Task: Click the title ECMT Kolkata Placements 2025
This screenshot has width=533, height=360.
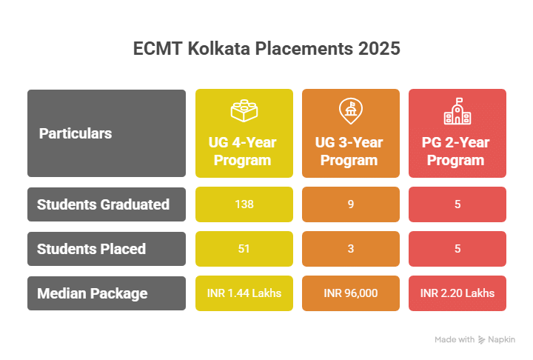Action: pos(266,50)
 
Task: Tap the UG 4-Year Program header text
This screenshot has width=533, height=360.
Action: pos(244,151)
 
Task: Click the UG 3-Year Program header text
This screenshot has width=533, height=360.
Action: pos(350,151)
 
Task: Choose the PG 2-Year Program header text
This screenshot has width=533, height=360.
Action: pos(457,151)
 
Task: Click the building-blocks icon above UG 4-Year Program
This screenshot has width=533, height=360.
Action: pos(244,111)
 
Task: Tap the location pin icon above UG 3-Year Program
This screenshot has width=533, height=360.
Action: pos(350,111)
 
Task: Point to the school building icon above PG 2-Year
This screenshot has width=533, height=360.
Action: pos(457,111)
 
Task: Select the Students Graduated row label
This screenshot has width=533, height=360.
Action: pos(104,204)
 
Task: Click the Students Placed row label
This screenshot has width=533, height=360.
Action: pos(91,249)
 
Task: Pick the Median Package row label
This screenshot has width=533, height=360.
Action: pos(93,293)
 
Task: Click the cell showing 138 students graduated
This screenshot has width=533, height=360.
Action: pos(244,204)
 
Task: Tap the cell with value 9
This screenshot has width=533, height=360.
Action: pos(350,204)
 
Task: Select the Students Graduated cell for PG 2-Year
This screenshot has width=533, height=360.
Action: pos(457,204)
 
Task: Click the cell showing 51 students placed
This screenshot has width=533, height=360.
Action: pos(244,249)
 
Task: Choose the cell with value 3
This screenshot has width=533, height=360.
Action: pos(350,249)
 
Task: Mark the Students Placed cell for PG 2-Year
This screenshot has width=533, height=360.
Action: pos(457,249)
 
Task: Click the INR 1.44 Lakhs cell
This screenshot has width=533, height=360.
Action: pos(244,293)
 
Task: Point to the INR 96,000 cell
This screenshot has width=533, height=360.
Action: pos(350,293)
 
